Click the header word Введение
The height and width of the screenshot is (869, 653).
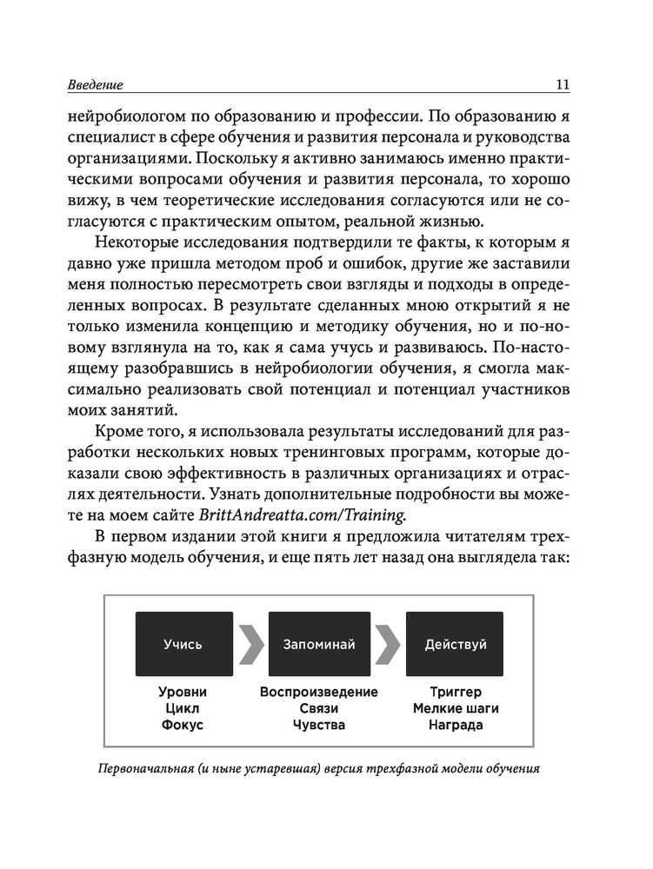[x=95, y=85]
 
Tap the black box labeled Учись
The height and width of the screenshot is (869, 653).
[x=183, y=644]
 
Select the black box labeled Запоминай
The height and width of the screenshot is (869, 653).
[x=319, y=644]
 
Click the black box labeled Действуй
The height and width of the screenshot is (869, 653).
[x=455, y=644]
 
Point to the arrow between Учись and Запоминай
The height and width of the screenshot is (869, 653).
[x=251, y=644]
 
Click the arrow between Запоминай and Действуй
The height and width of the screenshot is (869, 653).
[x=388, y=644]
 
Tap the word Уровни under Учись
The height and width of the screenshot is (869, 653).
[x=183, y=693]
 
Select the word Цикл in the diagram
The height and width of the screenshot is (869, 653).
[x=183, y=708]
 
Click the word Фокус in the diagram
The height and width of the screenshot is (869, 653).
[x=183, y=725]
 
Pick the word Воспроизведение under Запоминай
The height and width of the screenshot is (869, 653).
[x=319, y=693]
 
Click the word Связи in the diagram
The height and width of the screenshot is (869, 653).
[x=319, y=708]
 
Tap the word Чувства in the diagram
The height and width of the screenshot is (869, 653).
[x=319, y=725]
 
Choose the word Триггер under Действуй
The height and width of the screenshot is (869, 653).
[x=456, y=693]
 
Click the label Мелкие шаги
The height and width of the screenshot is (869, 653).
[x=456, y=708]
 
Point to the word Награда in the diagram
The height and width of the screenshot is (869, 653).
[x=456, y=725]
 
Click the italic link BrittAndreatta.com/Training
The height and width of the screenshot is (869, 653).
[x=303, y=514]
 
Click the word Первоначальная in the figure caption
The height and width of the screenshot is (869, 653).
[x=151, y=770]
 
